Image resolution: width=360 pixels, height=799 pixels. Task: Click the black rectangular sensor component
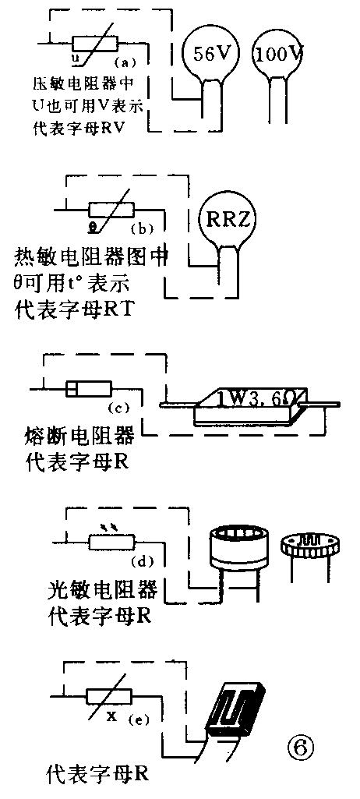(x=236, y=710)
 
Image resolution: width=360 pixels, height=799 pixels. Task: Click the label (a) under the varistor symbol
(x=125, y=61)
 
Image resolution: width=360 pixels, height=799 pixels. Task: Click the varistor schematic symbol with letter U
(x=95, y=44)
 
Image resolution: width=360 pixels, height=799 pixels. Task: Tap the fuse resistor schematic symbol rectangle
(x=89, y=388)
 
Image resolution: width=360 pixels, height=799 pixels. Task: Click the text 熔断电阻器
(x=75, y=433)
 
